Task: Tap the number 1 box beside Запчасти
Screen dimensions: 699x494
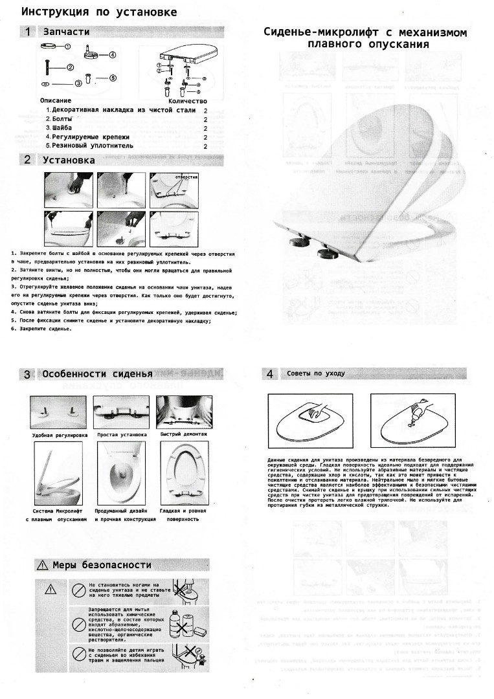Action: [x=28, y=31]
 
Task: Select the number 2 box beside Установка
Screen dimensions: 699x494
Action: [x=28, y=160]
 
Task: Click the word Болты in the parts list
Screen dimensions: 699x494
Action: [x=62, y=119]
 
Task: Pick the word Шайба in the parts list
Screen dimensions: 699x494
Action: [x=62, y=128]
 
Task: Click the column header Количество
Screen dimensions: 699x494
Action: [x=187, y=101]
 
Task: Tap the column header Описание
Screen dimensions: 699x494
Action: [x=56, y=101]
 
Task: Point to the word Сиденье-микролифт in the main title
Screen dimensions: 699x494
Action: [x=310, y=33]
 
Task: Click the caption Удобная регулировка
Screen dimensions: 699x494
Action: [x=60, y=436]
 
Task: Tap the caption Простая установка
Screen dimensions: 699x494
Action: [x=122, y=435]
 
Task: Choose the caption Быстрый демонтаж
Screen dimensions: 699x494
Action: [x=184, y=435]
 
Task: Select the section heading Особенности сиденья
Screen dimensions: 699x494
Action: [x=97, y=374]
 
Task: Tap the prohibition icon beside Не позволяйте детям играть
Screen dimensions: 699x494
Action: [x=78, y=654]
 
